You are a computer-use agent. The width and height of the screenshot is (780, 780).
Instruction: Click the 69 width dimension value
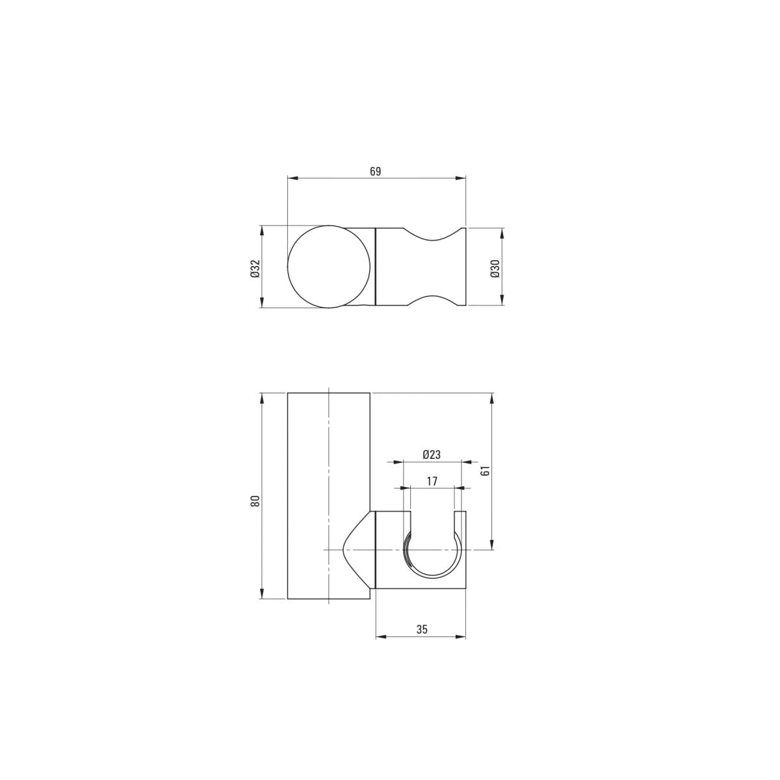pos(375,171)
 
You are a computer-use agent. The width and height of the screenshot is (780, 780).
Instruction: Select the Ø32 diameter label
pos(255,268)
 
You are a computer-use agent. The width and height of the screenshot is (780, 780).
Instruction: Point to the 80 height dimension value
pos(255,501)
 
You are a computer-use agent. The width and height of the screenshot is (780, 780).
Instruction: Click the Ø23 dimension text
pos(432,454)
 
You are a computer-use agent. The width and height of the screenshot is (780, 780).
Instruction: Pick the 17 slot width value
pos(432,481)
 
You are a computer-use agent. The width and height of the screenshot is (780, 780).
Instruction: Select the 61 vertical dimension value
pos(486,471)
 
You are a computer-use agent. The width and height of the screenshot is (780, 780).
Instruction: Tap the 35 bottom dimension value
pos(422,629)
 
